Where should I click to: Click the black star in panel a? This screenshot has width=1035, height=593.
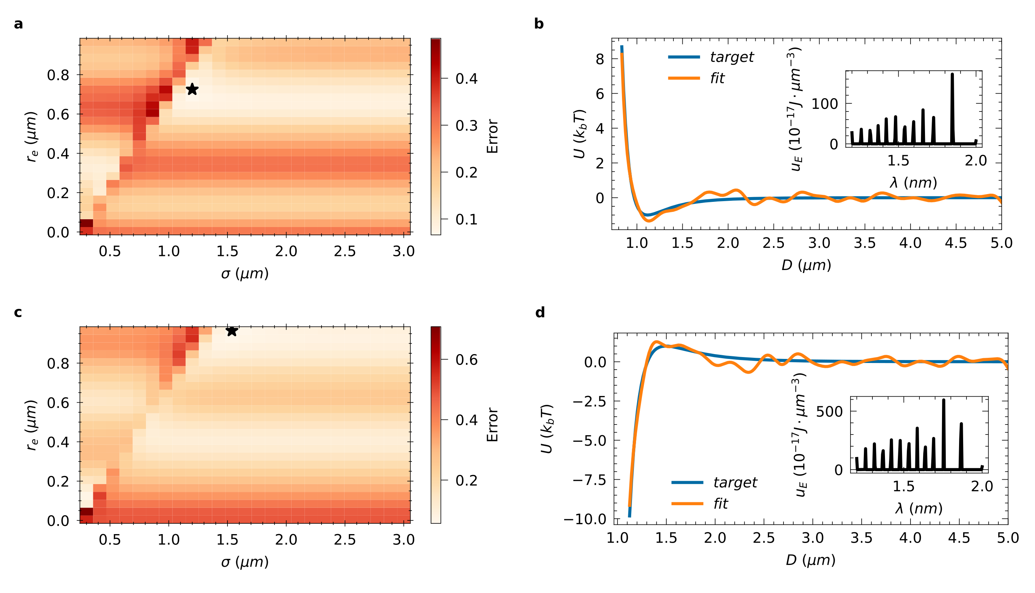(x=192, y=89)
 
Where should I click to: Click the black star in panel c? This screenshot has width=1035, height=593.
(x=232, y=331)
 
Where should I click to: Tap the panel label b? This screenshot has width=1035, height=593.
(x=539, y=24)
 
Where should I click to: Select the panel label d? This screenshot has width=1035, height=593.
(x=540, y=312)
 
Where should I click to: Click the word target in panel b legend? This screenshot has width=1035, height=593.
(x=732, y=57)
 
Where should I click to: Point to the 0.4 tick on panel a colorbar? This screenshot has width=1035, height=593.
(x=466, y=78)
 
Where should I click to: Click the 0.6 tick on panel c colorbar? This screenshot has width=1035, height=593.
(x=466, y=360)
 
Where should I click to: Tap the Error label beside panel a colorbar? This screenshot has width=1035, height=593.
(x=492, y=136)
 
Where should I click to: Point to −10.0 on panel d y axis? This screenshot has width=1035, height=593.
(x=585, y=519)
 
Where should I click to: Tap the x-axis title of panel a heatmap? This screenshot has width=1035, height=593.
(x=245, y=274)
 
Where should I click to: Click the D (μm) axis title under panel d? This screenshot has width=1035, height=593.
(x=810, y=560)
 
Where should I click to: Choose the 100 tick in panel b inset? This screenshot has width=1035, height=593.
(x=825, y=104)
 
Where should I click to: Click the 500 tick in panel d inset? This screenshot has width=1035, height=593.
(x=829, y=412)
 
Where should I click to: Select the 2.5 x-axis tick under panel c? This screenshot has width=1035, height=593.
(x=345, y=540)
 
